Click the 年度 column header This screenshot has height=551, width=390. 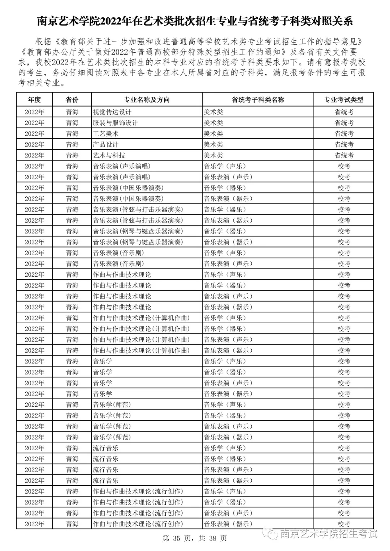pos(34,100)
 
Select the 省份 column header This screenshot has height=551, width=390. pos(72,100)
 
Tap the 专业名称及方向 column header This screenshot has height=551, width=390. pos(147,100)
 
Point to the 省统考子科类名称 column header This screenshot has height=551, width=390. pos(258,100)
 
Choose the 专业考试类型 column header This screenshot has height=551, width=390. pos(343,100)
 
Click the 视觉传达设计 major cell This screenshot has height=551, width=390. pos(112,112)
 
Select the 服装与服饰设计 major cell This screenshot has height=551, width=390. pos(116,123)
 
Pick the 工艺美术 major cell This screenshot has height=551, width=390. pos(106,134)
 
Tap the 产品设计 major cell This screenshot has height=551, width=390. pos(106,144)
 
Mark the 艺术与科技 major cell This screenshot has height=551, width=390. pos(109,155)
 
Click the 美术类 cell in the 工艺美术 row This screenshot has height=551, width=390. pos(213,134)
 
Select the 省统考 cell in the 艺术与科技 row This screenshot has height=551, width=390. pos(344,155)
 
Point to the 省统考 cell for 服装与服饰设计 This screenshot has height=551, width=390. pos(344,123)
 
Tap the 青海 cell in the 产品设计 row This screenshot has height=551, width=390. pos(72,144)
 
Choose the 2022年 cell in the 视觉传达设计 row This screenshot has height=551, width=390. pos(34,112)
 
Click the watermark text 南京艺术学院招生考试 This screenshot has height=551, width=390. pos(328,534)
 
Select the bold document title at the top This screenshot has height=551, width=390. pos(195,22)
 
